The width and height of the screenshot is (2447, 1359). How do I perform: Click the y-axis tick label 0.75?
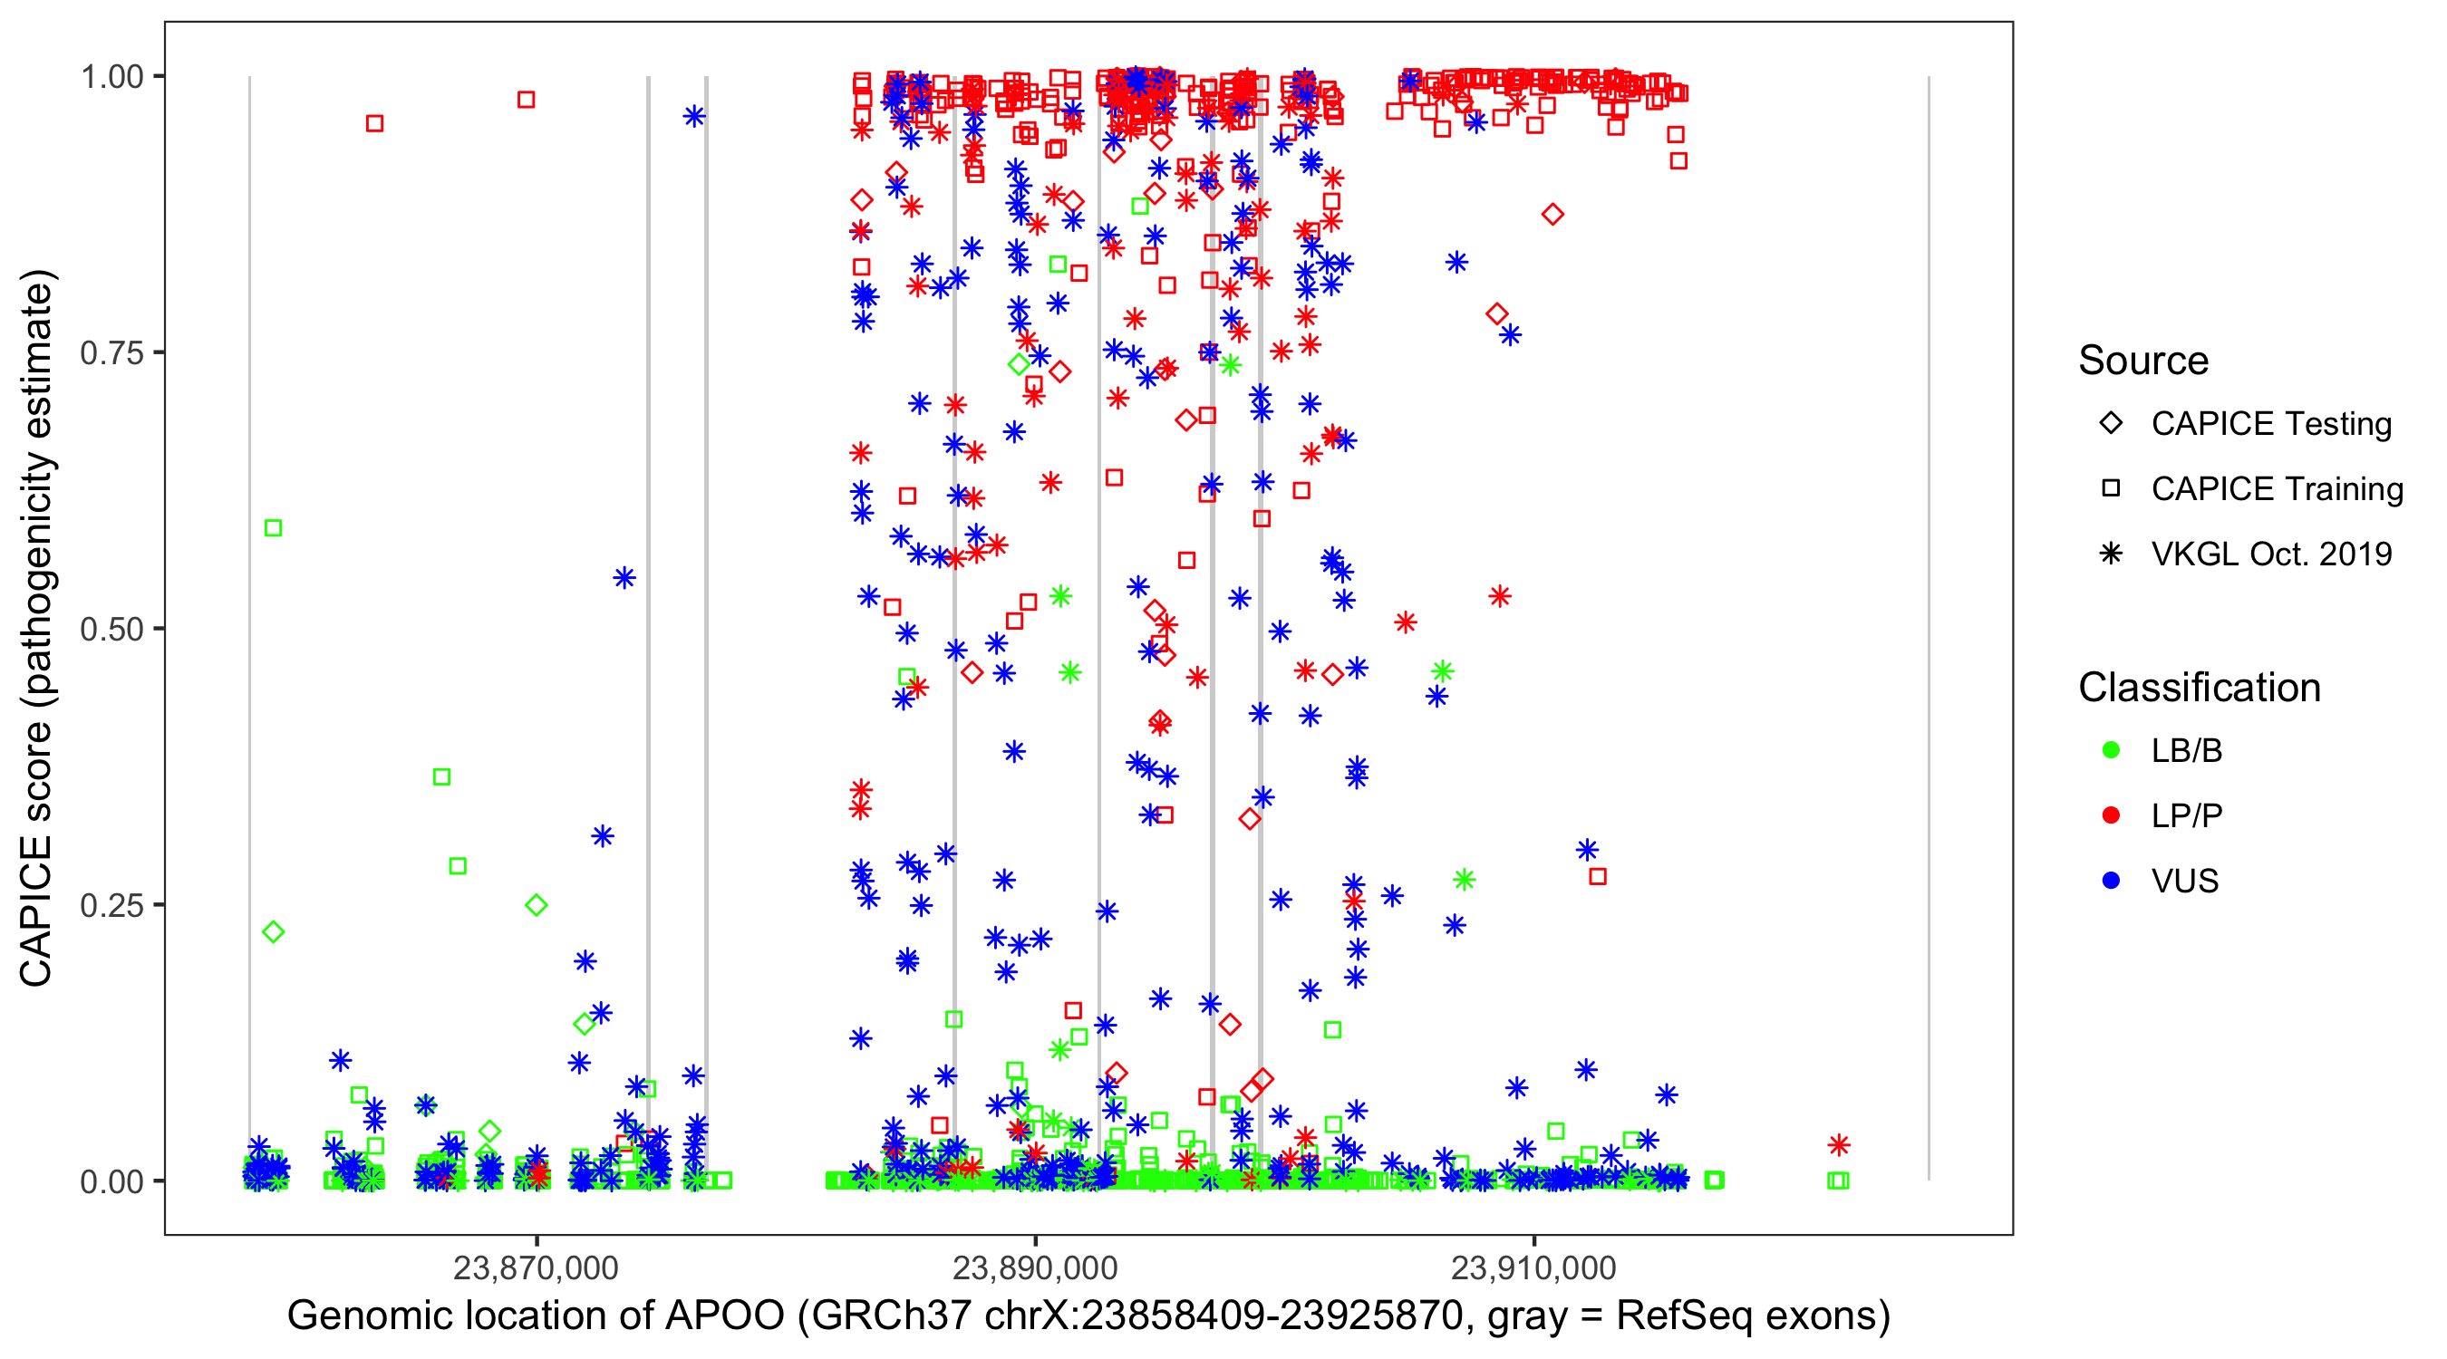click(111, 352)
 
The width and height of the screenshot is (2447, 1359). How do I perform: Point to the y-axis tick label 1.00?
click(111, 76)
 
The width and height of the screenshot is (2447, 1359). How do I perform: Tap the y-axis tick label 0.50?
click(111, 629)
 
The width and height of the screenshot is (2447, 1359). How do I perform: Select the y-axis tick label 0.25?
click(111, 905)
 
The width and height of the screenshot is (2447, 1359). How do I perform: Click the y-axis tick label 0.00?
click(111, 1181)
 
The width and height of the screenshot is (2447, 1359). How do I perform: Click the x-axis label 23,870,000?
click(536, 1267)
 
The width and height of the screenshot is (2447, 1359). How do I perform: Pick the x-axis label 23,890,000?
click(1034, 1267)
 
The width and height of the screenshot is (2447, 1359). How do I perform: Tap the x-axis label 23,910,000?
click(1533, 1267)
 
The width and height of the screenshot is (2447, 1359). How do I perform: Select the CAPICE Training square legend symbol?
click(2111, 488)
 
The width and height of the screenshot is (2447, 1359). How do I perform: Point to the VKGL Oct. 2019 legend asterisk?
click(2111, 554)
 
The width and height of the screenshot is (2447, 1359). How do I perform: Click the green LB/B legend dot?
click(2111, 750)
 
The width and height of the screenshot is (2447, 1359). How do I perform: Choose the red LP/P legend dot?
click(2111, 815)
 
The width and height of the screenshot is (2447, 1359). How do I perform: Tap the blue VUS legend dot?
click(2111, 881)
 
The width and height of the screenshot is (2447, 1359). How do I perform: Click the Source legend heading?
click(2143, 361)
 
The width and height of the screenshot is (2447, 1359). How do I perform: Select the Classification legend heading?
click(2198, 688)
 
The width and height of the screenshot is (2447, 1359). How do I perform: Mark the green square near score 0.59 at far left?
click(273, 528)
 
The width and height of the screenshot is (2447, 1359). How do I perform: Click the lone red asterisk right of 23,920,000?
click(1839, 1145)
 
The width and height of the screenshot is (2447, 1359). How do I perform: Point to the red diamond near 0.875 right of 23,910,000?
click(1552, 215)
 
